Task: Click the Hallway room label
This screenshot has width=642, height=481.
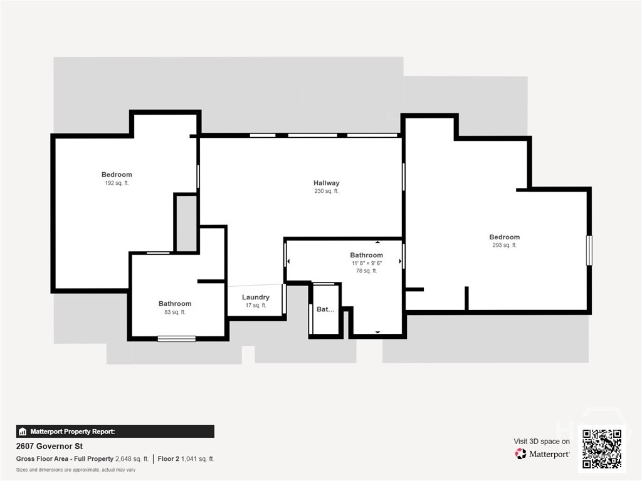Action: click(326, 183)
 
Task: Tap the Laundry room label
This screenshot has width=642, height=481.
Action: click(256, 297)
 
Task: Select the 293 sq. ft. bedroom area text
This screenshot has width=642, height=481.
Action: click(505, 246)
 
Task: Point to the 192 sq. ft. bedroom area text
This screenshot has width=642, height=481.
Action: click(117, 184)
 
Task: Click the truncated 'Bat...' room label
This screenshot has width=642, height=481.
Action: click(325, 309)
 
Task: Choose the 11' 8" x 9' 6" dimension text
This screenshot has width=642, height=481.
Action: click(366, 263)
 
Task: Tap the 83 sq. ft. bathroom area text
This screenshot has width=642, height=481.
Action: click(175, 312)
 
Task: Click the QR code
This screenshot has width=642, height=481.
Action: click(602, 448)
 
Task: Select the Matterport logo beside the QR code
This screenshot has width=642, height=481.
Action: click(542, 453)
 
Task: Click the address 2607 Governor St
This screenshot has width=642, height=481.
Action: click(50, 446)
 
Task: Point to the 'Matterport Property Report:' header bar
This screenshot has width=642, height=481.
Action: click(115, 432)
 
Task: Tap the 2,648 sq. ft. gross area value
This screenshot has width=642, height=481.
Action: click(132, 459)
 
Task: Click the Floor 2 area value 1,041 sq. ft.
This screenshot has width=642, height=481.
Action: click(197, 459)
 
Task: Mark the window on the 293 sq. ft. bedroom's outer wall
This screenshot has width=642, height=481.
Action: click(589, 251)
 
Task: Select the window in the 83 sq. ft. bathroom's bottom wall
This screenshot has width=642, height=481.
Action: click(176, 339)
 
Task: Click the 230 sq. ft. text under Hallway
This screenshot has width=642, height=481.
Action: click(326, 191)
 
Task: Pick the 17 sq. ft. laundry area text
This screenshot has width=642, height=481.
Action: click(256, 306)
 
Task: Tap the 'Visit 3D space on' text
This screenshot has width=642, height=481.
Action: click(542, 442)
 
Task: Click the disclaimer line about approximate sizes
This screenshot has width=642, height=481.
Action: click(76, 470)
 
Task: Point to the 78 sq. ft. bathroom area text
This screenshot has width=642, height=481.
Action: click(366, 271)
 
